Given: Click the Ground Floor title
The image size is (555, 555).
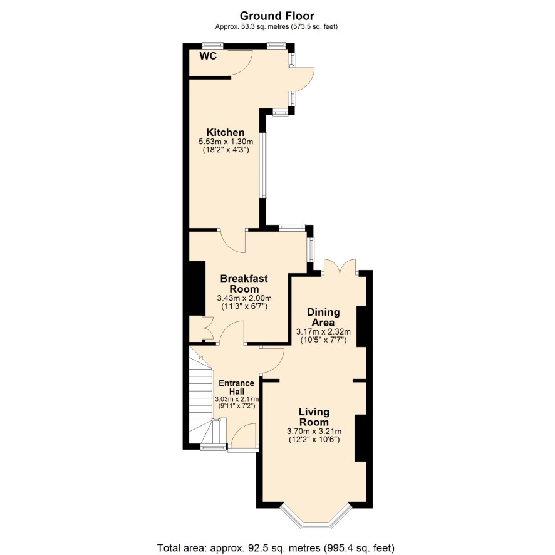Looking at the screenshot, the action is (x=277, y=16).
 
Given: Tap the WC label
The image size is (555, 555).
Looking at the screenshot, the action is (x=208, y=56).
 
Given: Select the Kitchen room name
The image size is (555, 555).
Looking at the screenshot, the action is (x=226, y=132).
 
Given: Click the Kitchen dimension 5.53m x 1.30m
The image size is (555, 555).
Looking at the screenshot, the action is (x=226, y=142).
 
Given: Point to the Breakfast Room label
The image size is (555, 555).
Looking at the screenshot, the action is (x=244, y=284).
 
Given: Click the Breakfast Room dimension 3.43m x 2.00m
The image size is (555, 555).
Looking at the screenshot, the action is (x=244, y=298).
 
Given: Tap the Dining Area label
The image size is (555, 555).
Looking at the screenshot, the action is (x=323, y=318).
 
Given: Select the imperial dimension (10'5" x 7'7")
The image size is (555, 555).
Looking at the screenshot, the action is (x=323, y=340).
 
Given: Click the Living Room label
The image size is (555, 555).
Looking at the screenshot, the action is (x=314, y=417).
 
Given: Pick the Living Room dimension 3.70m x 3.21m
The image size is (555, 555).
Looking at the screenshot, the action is (x=314, y=432).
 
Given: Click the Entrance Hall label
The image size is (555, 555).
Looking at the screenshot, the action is (x=236, y=388).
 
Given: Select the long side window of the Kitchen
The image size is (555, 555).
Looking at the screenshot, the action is (x=264, y=165).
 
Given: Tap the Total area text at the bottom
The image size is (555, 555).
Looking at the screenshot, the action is (x=276, y=548).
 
